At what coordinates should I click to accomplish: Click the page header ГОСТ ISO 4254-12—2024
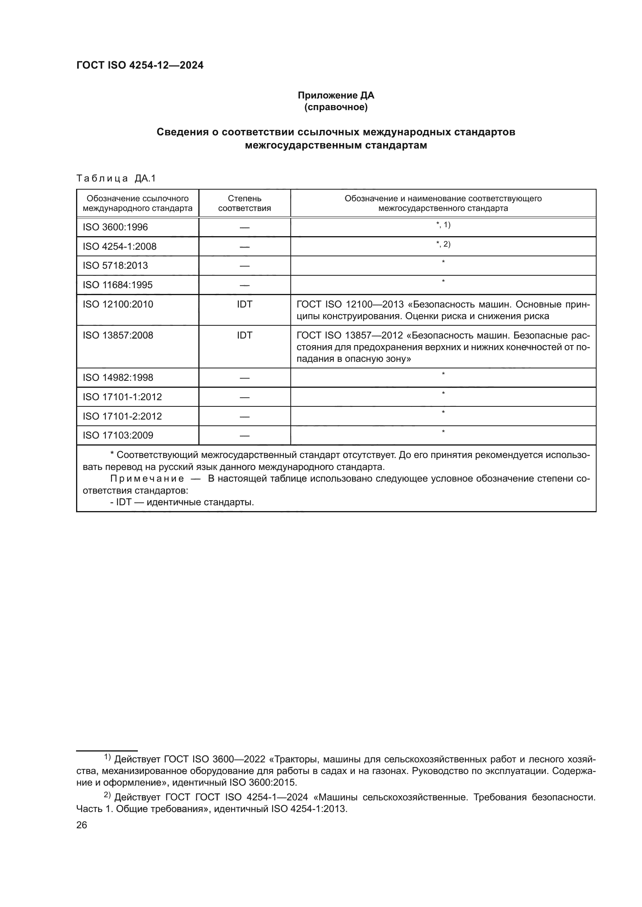(140, 66)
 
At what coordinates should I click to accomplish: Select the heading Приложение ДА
(336, 95)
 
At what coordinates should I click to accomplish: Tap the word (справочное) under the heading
(336, 107)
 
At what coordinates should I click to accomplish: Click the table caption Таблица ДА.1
(116, 178)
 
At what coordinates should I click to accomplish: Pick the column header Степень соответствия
(244, 203)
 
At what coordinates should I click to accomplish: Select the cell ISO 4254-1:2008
(120, 247)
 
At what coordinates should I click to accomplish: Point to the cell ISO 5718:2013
(115, 266)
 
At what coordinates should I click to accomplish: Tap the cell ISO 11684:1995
(117, 285)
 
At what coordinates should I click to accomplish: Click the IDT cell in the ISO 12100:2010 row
(244, 304)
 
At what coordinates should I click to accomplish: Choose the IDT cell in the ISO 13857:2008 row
(244, 335)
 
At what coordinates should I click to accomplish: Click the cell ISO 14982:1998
(118, 378)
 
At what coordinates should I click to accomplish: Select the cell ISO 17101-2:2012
(122, 416)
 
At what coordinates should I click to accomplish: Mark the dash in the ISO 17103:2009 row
(244, 436)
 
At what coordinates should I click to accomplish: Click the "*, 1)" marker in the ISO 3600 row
(443, 225)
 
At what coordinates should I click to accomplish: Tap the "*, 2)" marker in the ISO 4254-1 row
(443, 244)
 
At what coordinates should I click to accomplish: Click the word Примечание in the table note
(147, 479)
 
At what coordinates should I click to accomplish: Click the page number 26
(82, 825)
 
